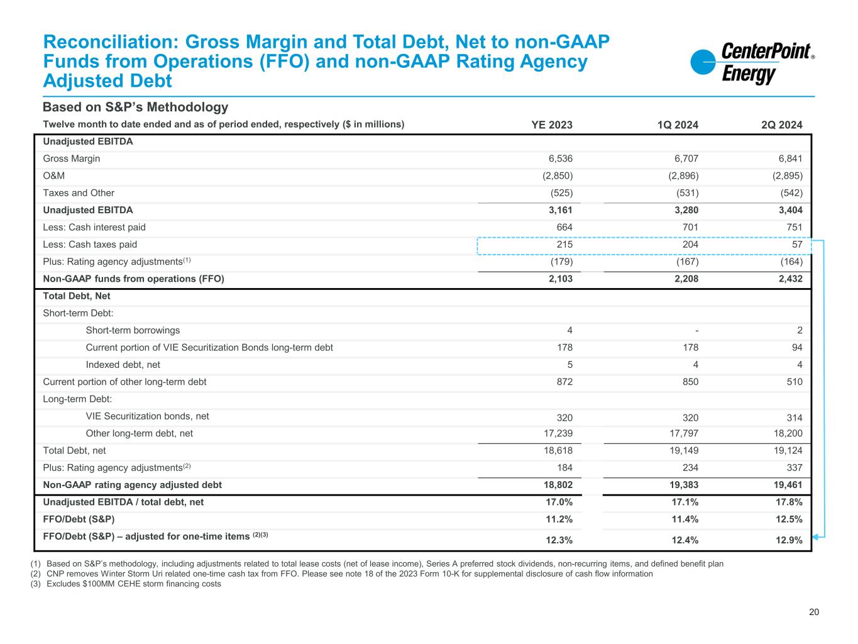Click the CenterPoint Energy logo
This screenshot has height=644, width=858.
click(x=752, y=64)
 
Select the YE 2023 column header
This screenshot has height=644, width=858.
click(x=552, y=125)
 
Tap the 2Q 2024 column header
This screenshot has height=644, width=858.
click(x=781, y=125)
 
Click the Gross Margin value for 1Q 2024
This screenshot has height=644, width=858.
click(x=683, y=159)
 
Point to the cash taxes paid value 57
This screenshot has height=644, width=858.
click(x=796, y=245)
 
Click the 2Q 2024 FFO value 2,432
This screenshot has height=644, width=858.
click(x=789, y=279)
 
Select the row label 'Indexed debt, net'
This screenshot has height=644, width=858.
click(x=123, y=365)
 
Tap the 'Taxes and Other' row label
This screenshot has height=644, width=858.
click(x=79, y=193)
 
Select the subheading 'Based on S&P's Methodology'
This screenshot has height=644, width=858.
click(x=135, y=108)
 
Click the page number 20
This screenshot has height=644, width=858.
click(x=814, y=613)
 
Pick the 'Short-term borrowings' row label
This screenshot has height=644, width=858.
click(x=133, y=330)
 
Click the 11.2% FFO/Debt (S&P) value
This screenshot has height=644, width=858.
click(x=558, y=519)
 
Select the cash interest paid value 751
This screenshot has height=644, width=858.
click(x=794, y=228)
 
